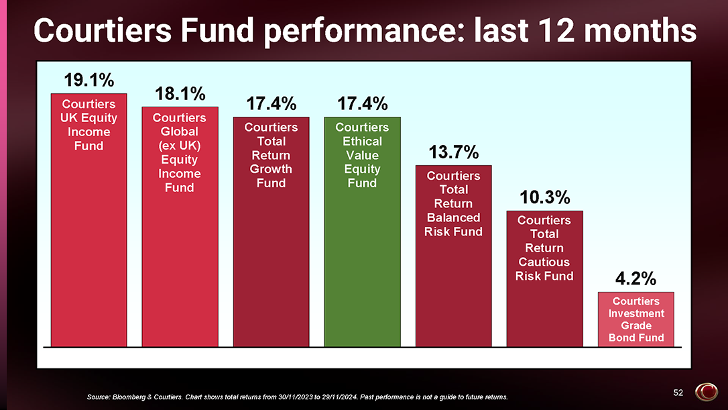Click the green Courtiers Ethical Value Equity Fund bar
coord(362,232)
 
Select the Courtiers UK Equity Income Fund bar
coord(88,220)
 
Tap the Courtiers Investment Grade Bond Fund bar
coord(635,319)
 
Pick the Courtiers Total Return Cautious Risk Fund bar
coord(544,278)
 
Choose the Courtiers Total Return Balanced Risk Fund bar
coord(454,256)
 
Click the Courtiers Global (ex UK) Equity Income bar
coord(180,227)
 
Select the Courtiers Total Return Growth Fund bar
coord(271,232)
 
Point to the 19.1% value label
coord(88,80)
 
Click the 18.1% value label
coord(180,94)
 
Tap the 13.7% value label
coord(453,152)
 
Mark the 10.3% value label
coord(544,197)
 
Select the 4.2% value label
coord(635,279)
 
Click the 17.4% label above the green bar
coord(362,103)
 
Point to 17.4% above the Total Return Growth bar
coord(271,103)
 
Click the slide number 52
coord(678,393)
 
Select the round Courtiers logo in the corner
coord(706,392)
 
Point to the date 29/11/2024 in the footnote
coord(340,397)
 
